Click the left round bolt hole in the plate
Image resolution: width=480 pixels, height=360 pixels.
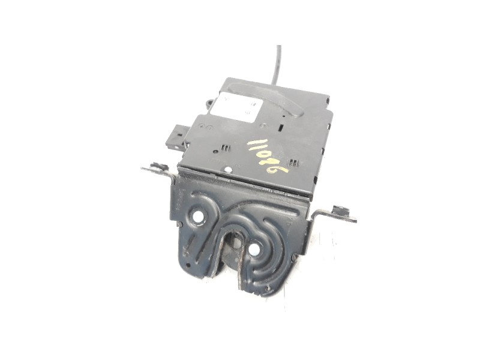coord(197,217)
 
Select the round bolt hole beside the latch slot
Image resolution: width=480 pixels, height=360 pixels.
coord(254,248)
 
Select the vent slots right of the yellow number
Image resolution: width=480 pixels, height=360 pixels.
coord(293,163)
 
